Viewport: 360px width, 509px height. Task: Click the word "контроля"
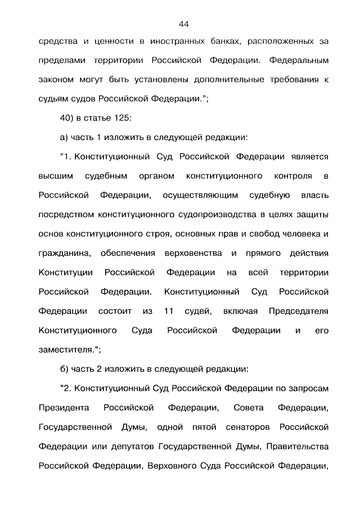(293, 177)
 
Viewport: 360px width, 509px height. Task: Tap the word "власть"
(312, 196)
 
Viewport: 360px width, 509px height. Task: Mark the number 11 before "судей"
(168, 310)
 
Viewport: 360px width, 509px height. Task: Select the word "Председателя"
(298, 310)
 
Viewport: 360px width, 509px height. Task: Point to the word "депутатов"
(131, 446)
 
